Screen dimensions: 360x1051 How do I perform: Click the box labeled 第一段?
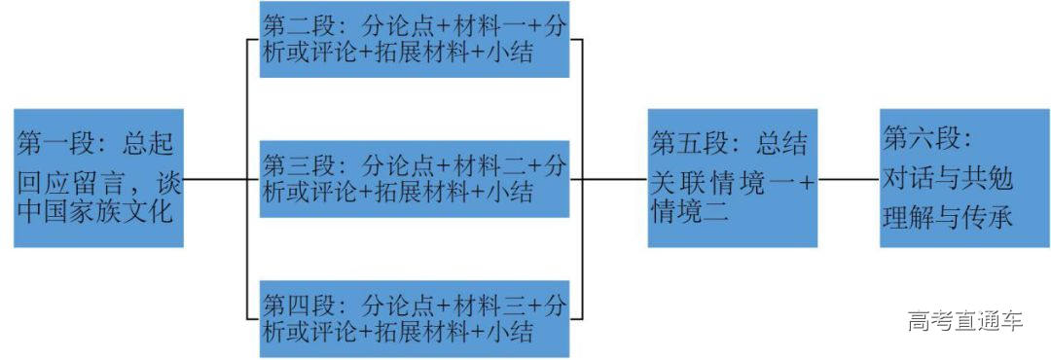tap(98, 178)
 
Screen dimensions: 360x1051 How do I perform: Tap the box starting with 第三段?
tap(414, 178)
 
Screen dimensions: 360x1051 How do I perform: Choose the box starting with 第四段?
tap(414, 316)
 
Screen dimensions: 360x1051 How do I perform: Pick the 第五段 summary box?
tap(733, 178)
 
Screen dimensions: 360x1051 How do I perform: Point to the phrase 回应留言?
tap(68, 179)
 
